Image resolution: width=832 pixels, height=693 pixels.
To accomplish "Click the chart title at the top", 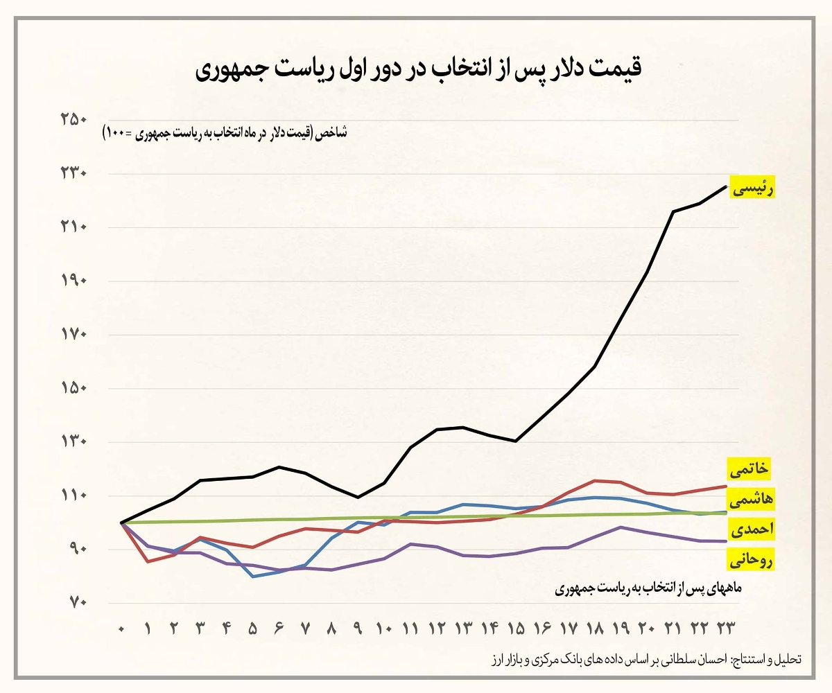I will [x=415, y=70].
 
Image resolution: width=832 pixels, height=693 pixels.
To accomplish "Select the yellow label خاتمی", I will [x=750, y=469].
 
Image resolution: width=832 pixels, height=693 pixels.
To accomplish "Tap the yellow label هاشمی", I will [x=750, y=499].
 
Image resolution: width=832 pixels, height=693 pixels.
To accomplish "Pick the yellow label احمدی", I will [x=750, y=529].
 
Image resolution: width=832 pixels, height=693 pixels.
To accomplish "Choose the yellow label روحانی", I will [x=750, y=559].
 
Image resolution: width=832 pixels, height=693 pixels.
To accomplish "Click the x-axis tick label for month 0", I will [x=121, y=629].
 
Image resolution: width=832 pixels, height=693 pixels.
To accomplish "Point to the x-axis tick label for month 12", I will [x=437, y=629].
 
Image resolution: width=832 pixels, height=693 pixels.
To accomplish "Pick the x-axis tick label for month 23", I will [x=726, y=629].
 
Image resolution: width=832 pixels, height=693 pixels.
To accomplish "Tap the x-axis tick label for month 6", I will [x=279, y=629].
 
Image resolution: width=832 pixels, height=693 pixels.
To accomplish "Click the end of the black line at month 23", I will [x=726, y=186].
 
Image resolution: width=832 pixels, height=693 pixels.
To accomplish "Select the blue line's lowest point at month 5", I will [x=253, y=577].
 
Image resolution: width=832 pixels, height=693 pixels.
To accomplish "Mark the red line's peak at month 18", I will [x=595, y=480].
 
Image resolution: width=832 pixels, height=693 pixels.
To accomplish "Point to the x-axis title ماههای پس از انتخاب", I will [x=648, y=588].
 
